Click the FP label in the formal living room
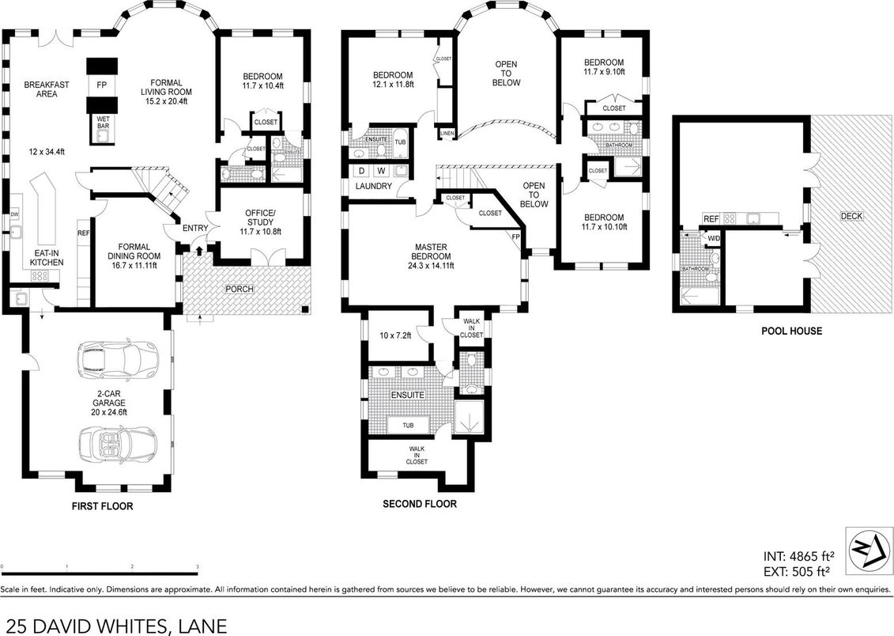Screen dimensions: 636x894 pyautogui.click(x=101, y=84)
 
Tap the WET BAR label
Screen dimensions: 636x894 pyautogui.click(x=104, y=121)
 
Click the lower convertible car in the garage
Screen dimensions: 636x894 pyautogui.click(x=119, y=445)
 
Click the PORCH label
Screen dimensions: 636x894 pyautogui.click(x=239, y=289)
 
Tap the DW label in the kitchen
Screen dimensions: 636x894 pyautogui.click(x=14, y=214)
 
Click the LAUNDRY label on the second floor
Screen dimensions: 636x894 pyautogui.click(x=374, y=186)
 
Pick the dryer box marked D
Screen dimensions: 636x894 pyautogui.click(x=361, y=170)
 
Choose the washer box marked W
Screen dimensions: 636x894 pyautogui.click(x=381, y=170)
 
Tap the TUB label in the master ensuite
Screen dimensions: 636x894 pyautogui.click(x=408, y=425)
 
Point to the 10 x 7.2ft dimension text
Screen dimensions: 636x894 pyautogui.click(x=394, y=335)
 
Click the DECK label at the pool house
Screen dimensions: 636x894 pyautogui.click(x=851, y=216)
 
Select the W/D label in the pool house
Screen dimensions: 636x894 pyautogui.click(x=714, y=238)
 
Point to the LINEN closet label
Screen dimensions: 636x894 pyautogui.click(x=447, y=133)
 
